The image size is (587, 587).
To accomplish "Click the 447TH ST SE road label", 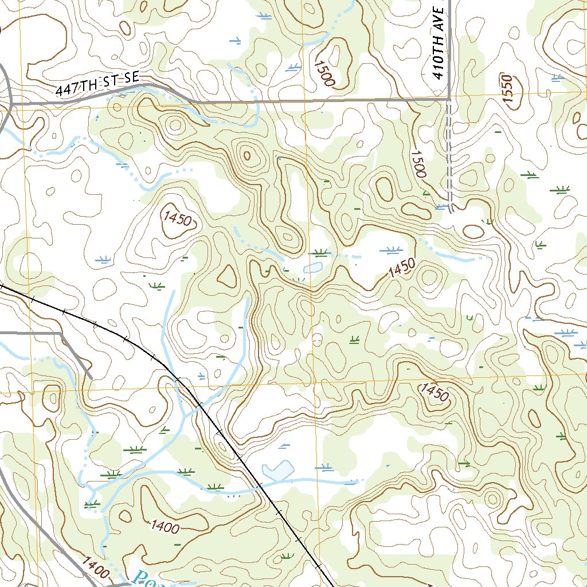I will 97,84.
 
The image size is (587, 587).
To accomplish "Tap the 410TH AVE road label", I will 439,43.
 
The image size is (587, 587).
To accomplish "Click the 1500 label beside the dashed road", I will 418,163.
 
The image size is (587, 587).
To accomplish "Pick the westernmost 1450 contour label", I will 175,218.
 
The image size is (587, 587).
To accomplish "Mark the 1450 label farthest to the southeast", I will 434,393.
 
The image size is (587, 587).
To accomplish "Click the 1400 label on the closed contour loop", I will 166,525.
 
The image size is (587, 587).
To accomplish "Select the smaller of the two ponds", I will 312,268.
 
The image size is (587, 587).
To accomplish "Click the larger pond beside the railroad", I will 278,471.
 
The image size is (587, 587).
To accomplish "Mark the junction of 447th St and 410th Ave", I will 449,99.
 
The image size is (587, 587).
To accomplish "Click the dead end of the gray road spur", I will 91,377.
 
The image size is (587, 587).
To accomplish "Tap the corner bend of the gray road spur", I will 61,332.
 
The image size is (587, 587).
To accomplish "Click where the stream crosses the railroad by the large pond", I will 259,486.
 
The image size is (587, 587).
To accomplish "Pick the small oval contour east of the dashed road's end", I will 473,232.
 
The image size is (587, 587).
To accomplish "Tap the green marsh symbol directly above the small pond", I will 321,252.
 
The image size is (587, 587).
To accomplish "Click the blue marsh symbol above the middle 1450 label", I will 392,250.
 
